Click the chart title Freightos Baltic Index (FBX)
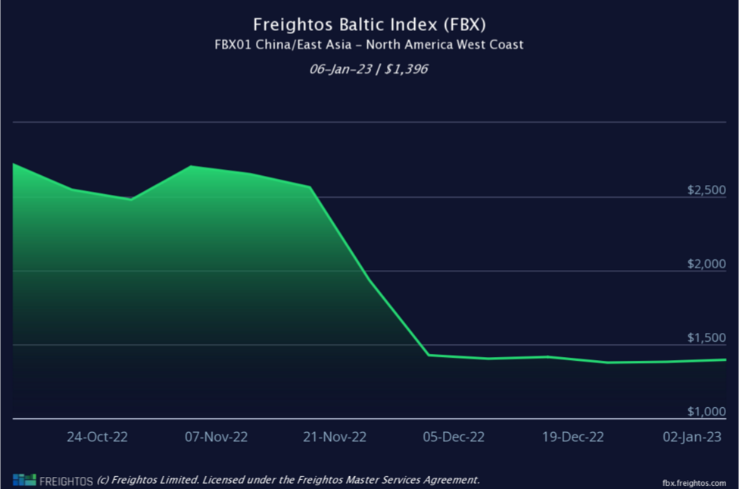(369, 24)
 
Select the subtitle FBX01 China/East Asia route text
(369, 45)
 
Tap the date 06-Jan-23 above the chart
(339, 69)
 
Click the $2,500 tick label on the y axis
(706, 190)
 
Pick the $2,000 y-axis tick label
(706, 264)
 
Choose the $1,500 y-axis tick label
(706, 337)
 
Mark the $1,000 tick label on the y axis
(706, 412)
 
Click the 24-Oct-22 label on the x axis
(97, 437)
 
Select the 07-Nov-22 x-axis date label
(217, 437)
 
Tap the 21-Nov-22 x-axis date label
(335, 437)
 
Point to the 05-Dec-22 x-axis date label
(454, 437)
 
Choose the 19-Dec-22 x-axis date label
(573, 437)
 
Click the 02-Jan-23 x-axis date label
(692, 437)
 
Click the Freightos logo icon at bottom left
(23, 479)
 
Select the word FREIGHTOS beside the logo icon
(66, 480)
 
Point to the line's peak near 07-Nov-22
(191, 166)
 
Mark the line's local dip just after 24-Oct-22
(131, 199)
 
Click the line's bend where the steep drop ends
(429, 355)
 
